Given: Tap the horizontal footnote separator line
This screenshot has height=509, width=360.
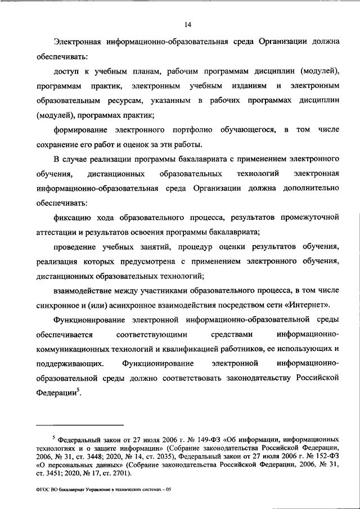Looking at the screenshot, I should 79,425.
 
